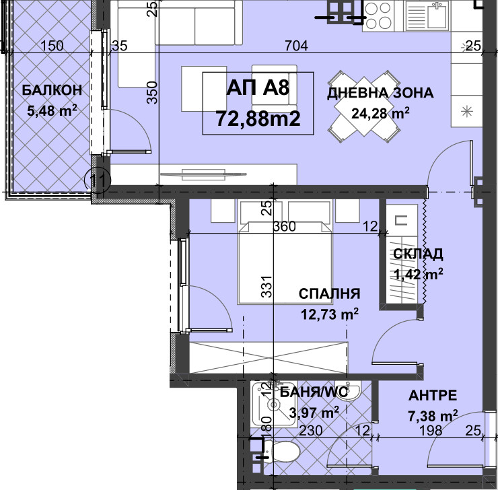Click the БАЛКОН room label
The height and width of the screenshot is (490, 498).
(52, 90)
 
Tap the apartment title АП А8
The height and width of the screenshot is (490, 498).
(258, 87)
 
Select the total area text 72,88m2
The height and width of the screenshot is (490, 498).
(258, 118)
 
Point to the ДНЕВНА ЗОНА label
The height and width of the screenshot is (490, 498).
(380, 93)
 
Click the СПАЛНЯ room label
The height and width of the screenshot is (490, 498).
(329, 293)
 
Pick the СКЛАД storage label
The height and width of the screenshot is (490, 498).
(418, 254)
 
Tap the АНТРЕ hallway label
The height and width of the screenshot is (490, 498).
(433, 395)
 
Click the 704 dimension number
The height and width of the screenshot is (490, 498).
(296, 46)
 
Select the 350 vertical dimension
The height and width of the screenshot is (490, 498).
(153, 92)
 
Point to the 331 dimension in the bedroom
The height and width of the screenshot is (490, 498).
(266, 287)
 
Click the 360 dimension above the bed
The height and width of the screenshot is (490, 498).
(285, 226)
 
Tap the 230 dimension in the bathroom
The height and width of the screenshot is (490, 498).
(311, 431)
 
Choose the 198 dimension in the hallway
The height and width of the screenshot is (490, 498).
(431, 431)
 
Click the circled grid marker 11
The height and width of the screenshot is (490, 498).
(98, 180)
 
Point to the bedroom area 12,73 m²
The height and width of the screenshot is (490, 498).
(329, 314)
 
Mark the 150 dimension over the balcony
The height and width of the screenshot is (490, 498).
(52, 46)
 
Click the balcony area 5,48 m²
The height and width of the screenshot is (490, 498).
(52, 111)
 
